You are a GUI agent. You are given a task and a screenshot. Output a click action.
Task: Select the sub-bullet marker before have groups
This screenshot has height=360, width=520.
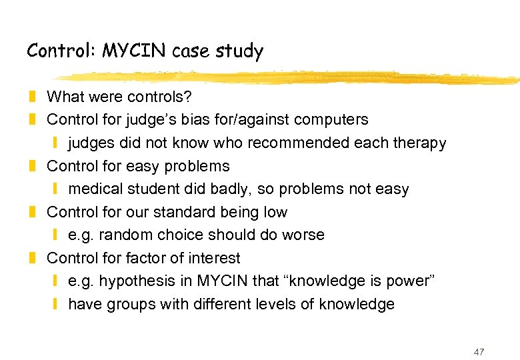(x=57, y=305)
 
